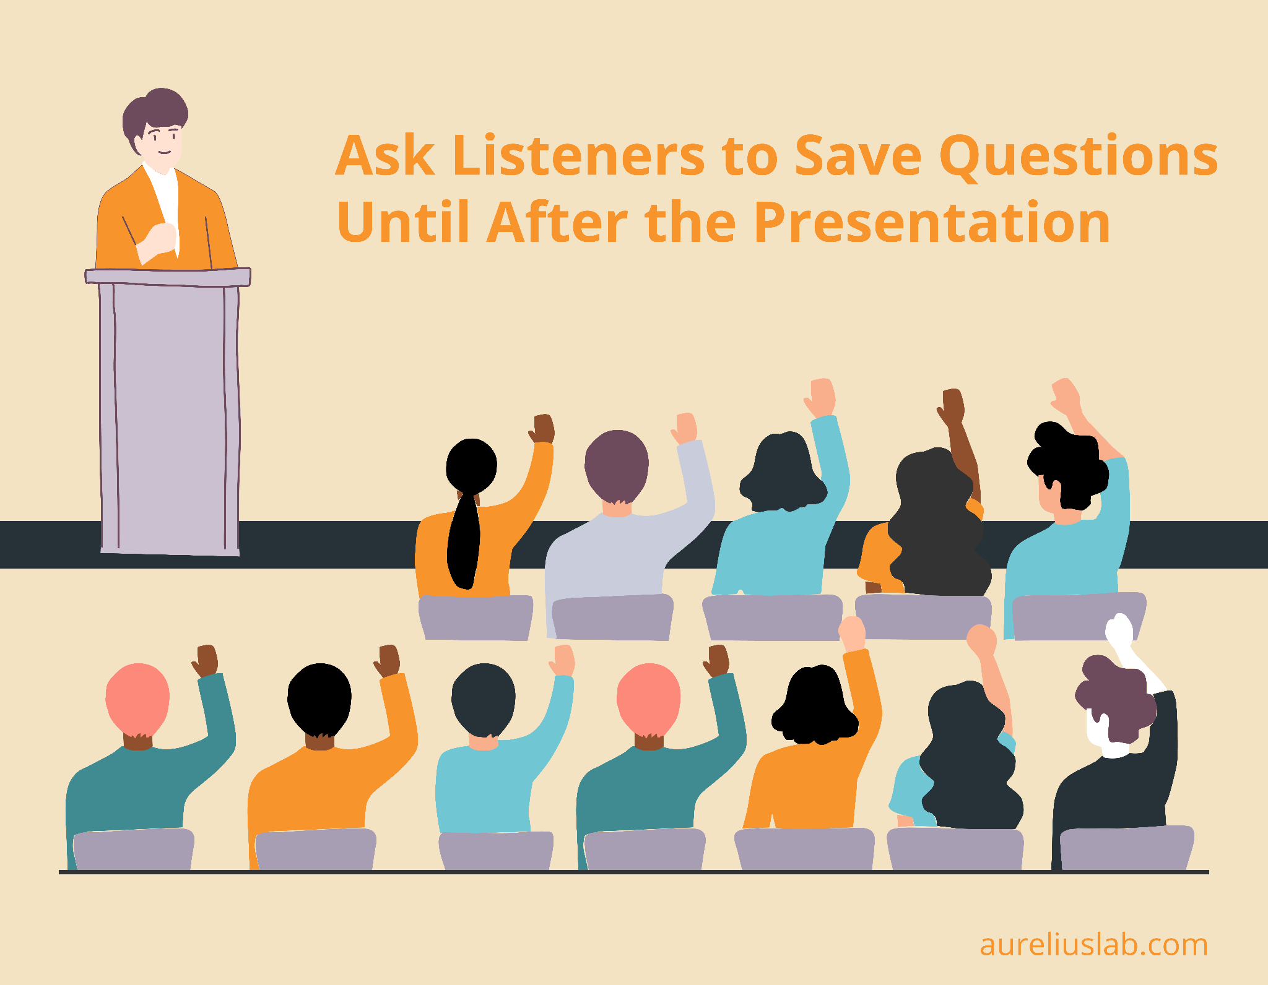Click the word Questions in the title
[x=1078, y=157]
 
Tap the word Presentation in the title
[x=932, y=222]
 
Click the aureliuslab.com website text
[x=1093, y=945]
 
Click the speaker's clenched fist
[x=160, y=239]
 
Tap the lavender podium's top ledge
[x=168, y=277]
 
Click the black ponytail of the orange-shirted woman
[x=465, y=538]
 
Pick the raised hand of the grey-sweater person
[x=685, y=428]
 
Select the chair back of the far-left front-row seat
[x=133, y=849]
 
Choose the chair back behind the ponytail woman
[x=475, y=617]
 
